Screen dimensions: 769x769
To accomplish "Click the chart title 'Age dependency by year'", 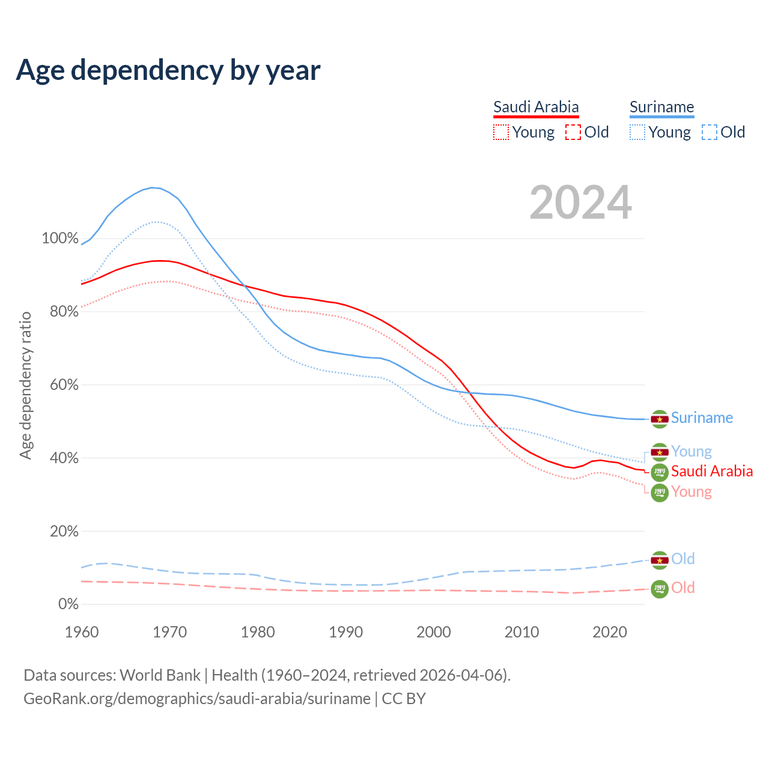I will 168,70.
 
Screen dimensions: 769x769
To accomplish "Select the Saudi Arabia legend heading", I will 536,108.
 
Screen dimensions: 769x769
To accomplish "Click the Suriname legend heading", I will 661,108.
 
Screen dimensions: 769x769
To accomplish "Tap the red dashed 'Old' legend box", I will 573,132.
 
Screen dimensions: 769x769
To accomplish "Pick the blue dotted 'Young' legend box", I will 637,132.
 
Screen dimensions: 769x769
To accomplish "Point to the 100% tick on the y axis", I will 60,239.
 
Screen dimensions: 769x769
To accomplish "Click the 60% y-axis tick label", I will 64,385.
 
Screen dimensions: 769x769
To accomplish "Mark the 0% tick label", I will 68,604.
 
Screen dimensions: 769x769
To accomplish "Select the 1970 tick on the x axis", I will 169,632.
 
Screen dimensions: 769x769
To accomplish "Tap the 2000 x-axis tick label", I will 434,632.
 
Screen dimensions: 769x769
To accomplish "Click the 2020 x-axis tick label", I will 610,632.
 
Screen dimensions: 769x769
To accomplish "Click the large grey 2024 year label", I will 580,202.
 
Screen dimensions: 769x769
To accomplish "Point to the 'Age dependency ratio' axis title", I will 25,385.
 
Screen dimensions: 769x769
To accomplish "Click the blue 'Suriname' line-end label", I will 702,418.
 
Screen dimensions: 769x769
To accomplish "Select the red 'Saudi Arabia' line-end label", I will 712,471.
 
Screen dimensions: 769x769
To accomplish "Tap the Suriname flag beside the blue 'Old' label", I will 660,561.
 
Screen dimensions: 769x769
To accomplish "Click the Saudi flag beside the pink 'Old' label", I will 660,589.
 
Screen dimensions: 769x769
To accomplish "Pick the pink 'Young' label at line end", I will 691,492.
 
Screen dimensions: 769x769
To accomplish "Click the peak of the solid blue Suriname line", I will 153,187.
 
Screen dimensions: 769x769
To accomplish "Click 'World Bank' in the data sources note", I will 160,675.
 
